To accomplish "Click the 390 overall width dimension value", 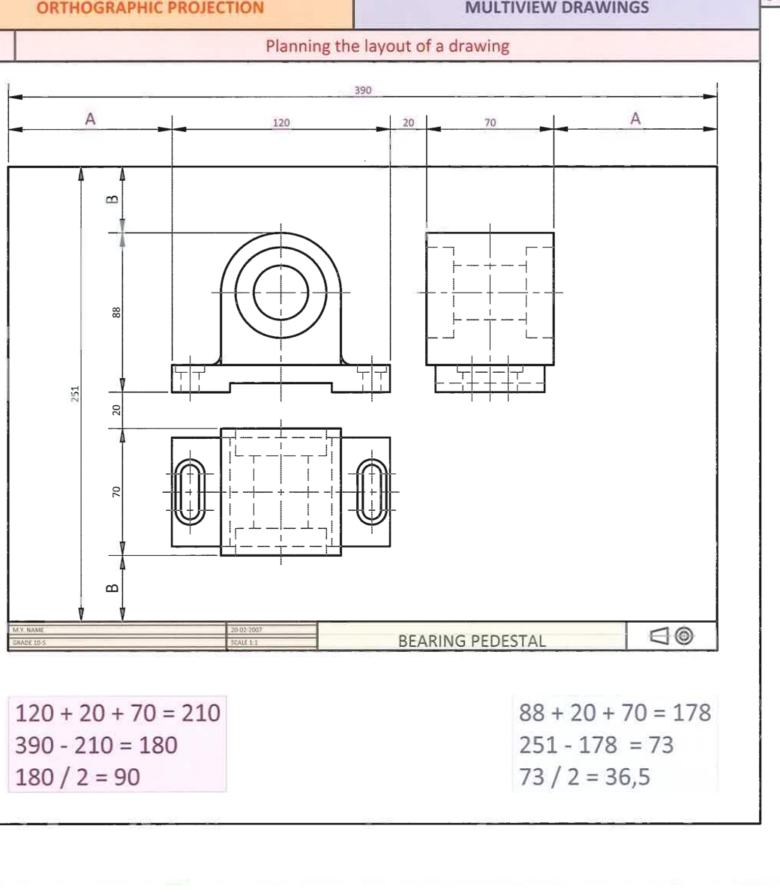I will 363,90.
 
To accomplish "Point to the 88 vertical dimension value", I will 115,311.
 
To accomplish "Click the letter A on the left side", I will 90,119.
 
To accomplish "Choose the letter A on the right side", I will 635,119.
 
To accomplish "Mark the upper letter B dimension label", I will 112,200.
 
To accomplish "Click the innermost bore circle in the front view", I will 281,292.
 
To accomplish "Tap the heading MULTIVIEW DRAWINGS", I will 557,9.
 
